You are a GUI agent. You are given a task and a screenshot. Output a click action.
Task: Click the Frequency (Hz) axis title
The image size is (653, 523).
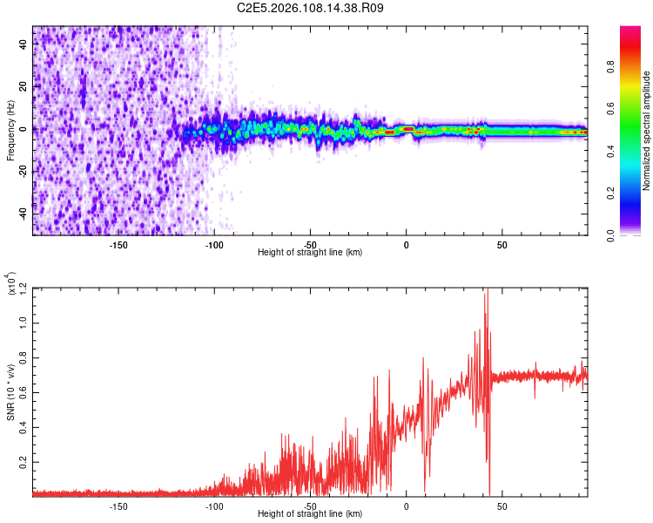coord(10,130)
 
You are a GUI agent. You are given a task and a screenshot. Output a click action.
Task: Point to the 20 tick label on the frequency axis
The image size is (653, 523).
coord(23,87)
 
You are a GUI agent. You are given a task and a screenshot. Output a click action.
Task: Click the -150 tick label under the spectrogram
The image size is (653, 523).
coord(119,244)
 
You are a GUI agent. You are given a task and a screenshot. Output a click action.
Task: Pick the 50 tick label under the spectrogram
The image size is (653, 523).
coord(502,244)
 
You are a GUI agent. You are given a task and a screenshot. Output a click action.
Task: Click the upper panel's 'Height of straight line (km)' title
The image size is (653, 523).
coord(310,252)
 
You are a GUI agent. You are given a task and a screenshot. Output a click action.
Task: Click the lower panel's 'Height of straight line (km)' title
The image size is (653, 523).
coord(310,513)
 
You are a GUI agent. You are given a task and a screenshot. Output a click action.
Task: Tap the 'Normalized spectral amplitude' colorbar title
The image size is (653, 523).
coord(646,131)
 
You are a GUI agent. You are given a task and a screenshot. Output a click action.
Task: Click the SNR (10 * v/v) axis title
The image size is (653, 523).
coord(11,391)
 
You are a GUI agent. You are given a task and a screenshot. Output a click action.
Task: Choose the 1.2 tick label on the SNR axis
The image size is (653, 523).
coord(23,288)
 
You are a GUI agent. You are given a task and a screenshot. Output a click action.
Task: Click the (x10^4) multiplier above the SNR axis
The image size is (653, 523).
coord(12,284)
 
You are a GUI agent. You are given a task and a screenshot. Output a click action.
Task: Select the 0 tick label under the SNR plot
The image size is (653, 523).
coord(406,506)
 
